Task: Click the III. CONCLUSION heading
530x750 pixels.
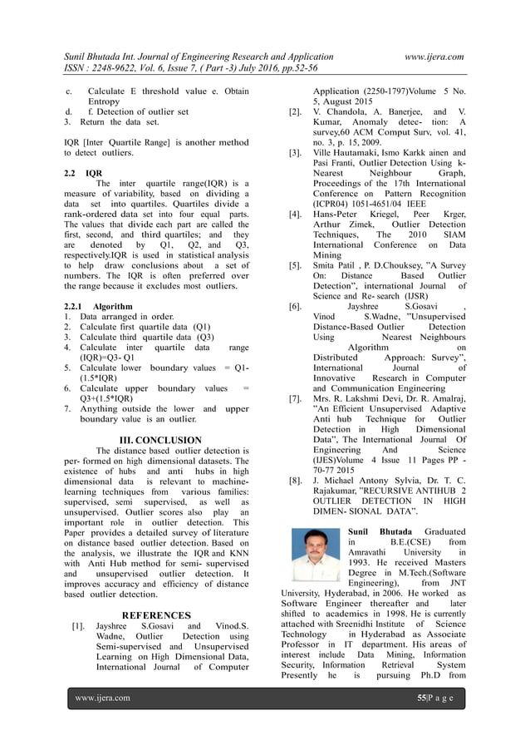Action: (x=160, y=440)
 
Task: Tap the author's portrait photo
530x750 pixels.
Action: (x=317, y=555)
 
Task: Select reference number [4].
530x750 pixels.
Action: (x=294, y=215)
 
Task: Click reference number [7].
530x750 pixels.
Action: (x=294, y=399)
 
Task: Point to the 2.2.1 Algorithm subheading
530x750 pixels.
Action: (x=92, y=305)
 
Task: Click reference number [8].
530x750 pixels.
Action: (x=294, y=480)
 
